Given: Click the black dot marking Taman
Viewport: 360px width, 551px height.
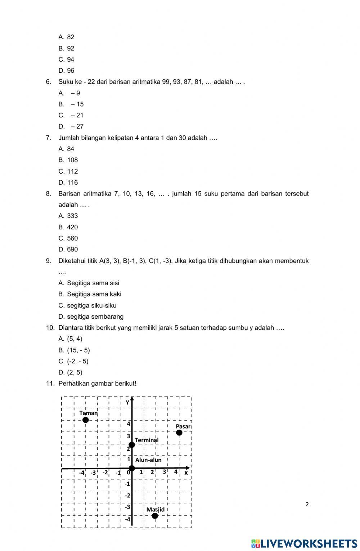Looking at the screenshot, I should click(x=85, y=420).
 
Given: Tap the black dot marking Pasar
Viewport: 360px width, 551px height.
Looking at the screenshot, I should click(x=179, y=432).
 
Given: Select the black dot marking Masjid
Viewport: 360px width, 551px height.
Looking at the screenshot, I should click(x=155, y=516).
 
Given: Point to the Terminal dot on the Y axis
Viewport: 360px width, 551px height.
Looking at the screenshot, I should click(x=132, y=445).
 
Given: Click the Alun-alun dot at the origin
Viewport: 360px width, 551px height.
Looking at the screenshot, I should click(x=132, y=468).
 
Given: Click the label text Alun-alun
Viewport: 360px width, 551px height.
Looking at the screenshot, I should click(x=148, y=460).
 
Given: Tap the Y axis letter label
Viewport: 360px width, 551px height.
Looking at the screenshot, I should click(x=127, y=403).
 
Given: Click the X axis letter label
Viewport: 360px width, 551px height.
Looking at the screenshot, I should click(x=186, y=473).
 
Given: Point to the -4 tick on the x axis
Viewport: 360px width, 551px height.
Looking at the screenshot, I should click(x=82, y=472).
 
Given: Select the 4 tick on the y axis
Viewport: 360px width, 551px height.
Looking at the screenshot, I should click(x=128, y=424).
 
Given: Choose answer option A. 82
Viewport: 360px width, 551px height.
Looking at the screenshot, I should click(x=67, y=37).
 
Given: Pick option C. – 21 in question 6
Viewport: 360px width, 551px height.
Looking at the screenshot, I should click(x=71, y=115).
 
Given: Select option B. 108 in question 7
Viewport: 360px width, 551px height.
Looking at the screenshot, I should click(x=68, y=160).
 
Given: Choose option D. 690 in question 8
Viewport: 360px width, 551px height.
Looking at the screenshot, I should click(x=68, y=249).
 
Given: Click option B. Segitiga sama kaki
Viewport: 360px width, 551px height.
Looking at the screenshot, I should click(x=90, y=294).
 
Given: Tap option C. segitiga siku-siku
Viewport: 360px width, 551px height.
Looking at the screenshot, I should click(x=87, y=305).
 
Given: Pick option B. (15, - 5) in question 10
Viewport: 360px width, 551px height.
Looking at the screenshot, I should click(x=75, y=350).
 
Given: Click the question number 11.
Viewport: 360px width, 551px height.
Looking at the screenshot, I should click(x=50, y=384).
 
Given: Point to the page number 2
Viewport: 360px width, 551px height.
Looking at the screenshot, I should click(x=307, y=504).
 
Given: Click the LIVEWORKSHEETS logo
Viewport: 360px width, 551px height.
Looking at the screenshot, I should click(x=304, y=543).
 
